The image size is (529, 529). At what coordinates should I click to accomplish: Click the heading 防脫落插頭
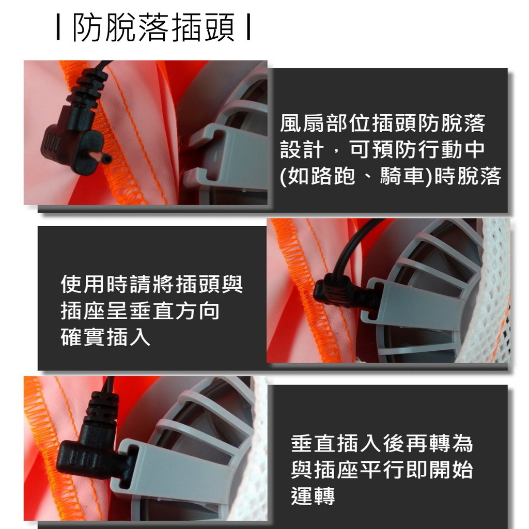tap(153, 28)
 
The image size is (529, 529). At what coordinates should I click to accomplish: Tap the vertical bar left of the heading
tap(58, 28)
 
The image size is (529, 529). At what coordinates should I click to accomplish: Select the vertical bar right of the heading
tap(248, 28)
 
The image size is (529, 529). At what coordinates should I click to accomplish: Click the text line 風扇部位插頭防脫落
tap(383, 123)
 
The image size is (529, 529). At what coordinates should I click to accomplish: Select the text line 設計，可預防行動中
tap(383, 149)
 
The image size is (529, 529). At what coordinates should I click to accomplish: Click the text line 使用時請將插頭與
tap(152, 284)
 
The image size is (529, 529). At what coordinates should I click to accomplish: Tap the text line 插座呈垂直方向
tap(140, 310)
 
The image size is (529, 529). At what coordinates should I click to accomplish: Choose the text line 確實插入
tap(105, 337)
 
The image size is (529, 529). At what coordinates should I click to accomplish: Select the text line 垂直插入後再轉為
tap(382, 443)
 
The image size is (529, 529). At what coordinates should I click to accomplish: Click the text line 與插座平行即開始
tap(382, 470)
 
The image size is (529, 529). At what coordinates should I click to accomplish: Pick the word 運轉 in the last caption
tap(313, 496)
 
